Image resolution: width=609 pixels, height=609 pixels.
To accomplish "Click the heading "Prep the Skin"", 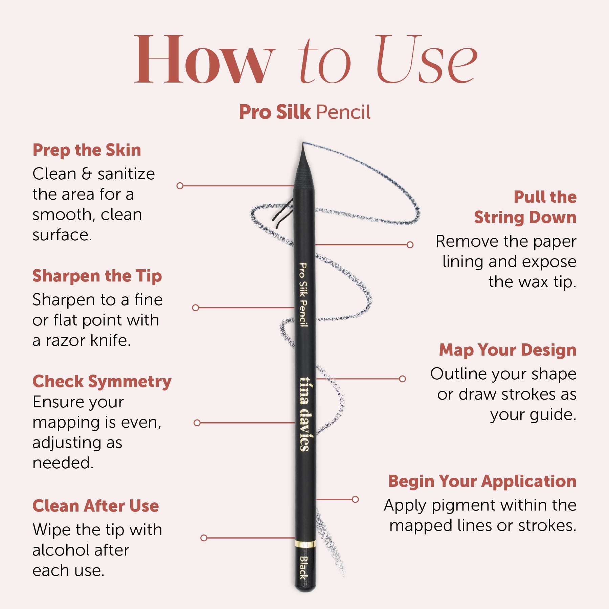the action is pyautogui.click(x=87, y=150).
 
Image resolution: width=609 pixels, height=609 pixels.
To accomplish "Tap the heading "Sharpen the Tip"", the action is pyautogui.click(x=97, y=276).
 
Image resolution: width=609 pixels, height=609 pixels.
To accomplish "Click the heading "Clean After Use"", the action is pyautogui.click(x=96, y=506).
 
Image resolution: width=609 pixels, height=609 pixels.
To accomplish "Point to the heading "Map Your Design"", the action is pyautogui.click(x=507, y=350).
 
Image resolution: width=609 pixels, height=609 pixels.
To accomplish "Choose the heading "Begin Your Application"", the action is pyautogui.click(x=482, y=481).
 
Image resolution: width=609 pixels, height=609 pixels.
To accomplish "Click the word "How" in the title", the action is pyautogui.click(x=205, y=59).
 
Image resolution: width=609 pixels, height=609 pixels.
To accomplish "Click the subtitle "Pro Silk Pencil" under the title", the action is pyautogui.click(x=304, y=112).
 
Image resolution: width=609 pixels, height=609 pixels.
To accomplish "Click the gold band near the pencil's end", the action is pyautogui.click(x=305, y=544).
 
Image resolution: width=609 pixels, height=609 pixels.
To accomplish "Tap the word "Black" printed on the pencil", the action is pyautogui.click(x=304, y=567).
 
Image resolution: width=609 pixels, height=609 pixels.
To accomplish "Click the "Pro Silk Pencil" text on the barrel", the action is pyautogui.click(x=303, y=295).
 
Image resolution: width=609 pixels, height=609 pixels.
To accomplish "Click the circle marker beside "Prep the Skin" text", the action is pyautogui.click(x=180, y=186).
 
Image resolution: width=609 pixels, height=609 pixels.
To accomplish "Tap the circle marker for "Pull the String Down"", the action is pyautogui.click(x=410, y=245).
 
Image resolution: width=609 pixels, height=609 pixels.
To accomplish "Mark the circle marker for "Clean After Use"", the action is pyautogui.click(x=204, y=538).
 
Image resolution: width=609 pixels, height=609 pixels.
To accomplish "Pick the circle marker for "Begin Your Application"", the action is pyautogui.click(x=355, y=499).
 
